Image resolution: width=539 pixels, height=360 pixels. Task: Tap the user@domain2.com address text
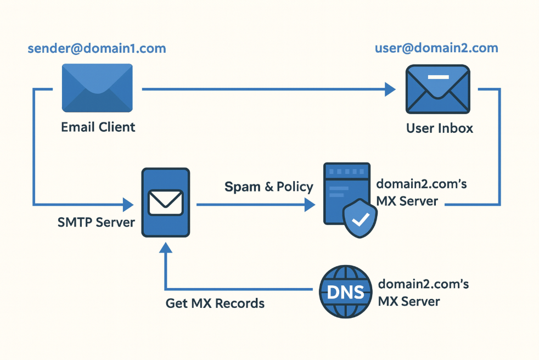point(436,48)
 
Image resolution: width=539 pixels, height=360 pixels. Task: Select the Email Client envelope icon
point(97,88)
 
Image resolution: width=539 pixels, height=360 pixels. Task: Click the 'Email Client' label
point(98,127)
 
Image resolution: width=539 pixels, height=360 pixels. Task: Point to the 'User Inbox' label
point(439,128)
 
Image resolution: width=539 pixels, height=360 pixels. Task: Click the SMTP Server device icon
point(165,202)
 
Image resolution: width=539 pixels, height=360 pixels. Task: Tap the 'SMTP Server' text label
point(96,223)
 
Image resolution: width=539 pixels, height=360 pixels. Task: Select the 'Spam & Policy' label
point(268,187)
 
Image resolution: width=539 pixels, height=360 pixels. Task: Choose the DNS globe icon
point(345,291)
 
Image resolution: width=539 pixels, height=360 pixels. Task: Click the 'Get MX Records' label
point(215,303)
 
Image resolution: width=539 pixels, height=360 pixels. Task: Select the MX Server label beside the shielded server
point(421,193)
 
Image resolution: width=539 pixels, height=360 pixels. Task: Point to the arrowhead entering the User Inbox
point(390,89)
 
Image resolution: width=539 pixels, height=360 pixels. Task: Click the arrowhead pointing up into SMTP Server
point(165,249)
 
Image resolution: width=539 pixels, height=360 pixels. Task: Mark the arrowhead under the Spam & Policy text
point(310,205)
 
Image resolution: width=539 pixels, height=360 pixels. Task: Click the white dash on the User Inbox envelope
point(437,77)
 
